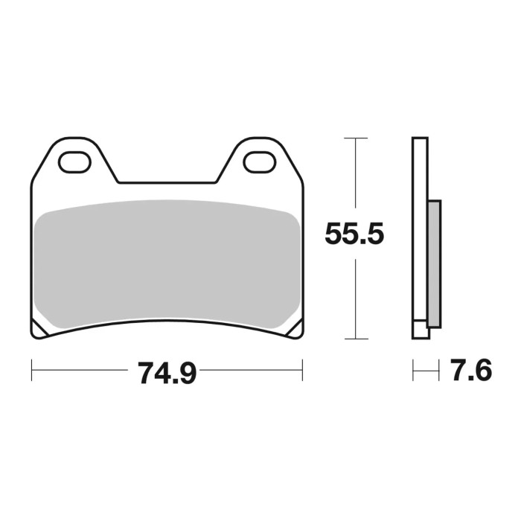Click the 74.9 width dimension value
(x=166, y=371)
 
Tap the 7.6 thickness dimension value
(x=470, y=371)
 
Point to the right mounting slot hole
(x=258, y=161)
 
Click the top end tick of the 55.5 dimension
(x=357, y=138)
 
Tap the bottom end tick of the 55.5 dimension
(x=357, y=338)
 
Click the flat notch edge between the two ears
(x=167, y=182)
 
